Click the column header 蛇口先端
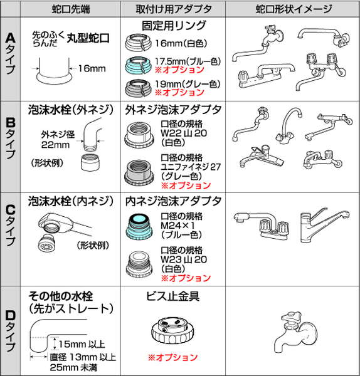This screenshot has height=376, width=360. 71,9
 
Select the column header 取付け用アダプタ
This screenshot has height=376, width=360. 174,9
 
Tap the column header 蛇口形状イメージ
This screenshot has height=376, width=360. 294,9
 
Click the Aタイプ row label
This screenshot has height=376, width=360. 10,53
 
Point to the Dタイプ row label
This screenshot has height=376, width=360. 10,332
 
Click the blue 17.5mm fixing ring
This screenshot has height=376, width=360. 139,65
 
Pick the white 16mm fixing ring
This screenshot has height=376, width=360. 139,43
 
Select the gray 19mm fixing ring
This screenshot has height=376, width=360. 139,88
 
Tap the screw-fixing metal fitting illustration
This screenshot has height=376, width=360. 172,330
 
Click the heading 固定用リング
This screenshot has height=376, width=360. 174,26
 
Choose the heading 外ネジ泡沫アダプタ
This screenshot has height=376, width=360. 173,110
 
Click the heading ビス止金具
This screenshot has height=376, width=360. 173,296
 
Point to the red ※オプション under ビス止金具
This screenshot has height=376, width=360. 173,357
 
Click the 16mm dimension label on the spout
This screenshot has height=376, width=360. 92,68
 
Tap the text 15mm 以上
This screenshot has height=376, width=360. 82,344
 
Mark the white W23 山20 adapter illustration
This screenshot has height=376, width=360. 139,264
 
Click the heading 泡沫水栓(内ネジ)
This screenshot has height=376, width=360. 71,201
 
